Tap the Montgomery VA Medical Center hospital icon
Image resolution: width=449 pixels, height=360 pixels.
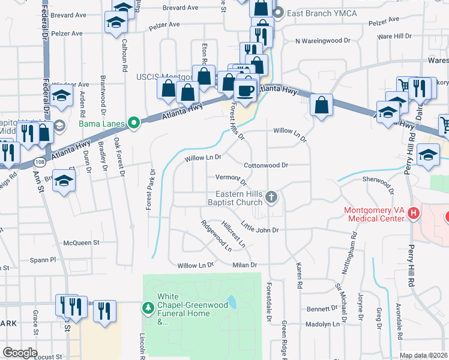[x=412, y=213]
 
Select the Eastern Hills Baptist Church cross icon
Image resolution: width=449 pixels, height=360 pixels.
[x=271, y=197]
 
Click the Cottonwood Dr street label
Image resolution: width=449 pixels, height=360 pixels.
[x=266, y=165]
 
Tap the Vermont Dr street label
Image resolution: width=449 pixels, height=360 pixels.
[x=231, y=178]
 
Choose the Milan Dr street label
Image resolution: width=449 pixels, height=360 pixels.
[x=245, y=265]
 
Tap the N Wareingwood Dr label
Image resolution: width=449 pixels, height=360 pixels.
[x=322, y=41]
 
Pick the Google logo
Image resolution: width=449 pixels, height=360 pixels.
[x=20, y=353]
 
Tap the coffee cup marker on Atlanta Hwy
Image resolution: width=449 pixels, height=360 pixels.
[x=244, y=91]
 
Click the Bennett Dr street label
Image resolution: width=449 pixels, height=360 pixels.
[x=322, y=308]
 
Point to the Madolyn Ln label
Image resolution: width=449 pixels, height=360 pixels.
[x=324, y=324]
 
